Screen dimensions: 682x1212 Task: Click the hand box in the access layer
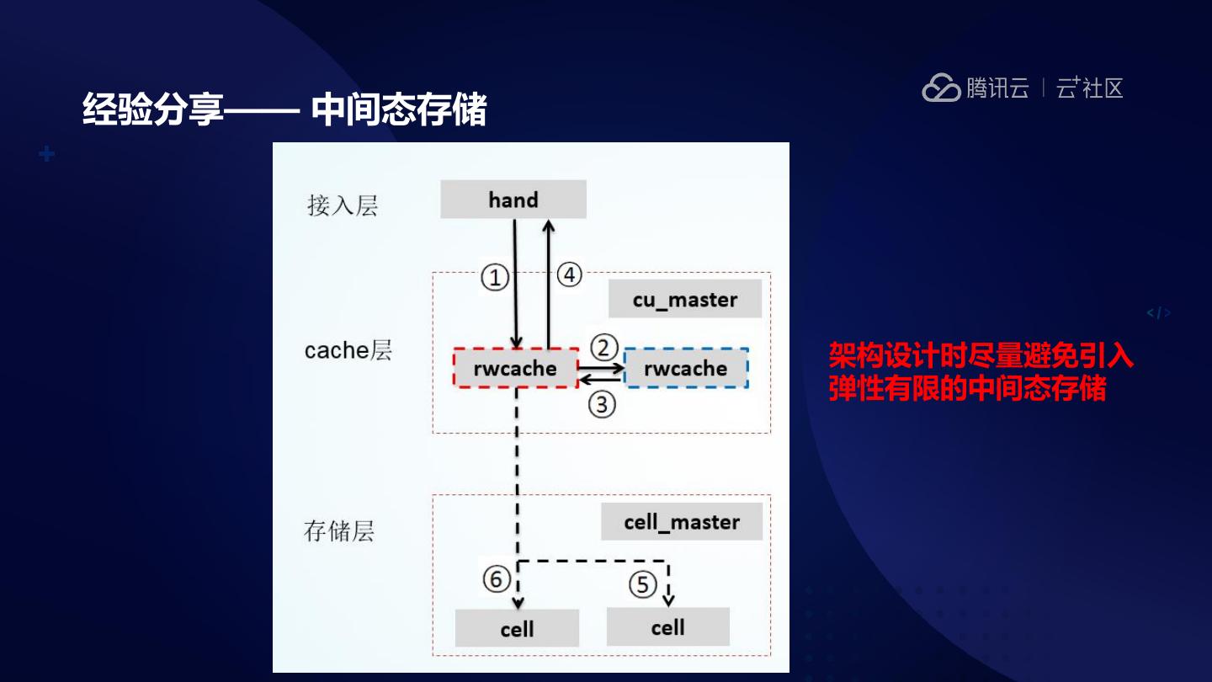[x=513, y=200]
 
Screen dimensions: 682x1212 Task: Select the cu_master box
[x=685, y=300]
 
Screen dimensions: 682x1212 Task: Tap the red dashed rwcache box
[x=515, y=369]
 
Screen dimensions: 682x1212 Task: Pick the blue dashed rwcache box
[x=686, y=369]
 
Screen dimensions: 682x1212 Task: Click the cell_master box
[x=682, y=522]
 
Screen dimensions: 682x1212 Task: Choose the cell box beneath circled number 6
[x=517, y=629]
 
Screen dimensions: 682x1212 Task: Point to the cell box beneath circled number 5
[x=667, y=627]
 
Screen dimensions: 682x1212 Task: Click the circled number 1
[x=495, y=276]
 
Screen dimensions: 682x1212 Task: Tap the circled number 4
[x=570, y=274]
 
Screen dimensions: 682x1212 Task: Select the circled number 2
[x=603, y=347]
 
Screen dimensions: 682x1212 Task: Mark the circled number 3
[x=602, y=405]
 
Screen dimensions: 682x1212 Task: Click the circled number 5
[x=642, y=583]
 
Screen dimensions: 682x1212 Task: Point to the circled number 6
[x=496, y=579]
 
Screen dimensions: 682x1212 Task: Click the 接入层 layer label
[x=343, y=206]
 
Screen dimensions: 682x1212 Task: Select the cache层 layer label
[x=348, y=350]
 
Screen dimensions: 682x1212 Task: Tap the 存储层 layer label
[x=338, y=531]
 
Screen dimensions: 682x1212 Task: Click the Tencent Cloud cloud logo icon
[x=941, y=88]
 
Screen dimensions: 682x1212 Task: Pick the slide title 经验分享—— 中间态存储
[x=284, y=109]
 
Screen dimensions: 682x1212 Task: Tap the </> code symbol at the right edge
[x=1158, y=314]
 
